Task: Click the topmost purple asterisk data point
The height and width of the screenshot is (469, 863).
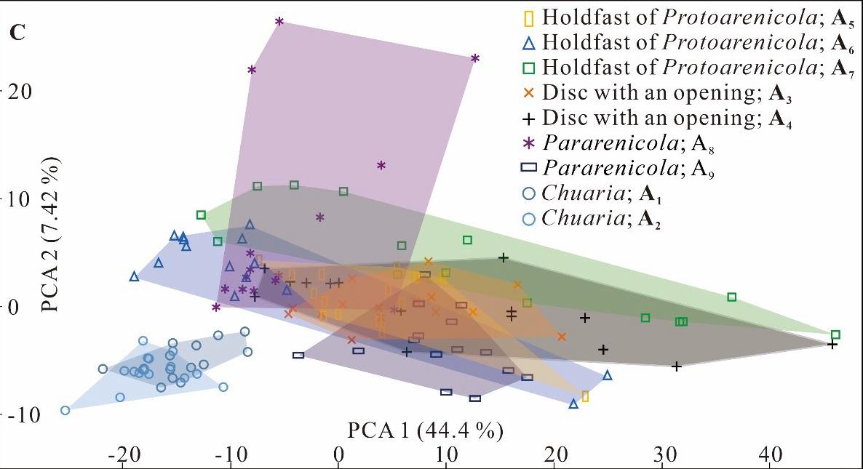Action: (279, 22)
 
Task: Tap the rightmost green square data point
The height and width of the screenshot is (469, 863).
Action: (835, 334)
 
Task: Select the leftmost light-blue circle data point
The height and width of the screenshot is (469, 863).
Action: (65, 410)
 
